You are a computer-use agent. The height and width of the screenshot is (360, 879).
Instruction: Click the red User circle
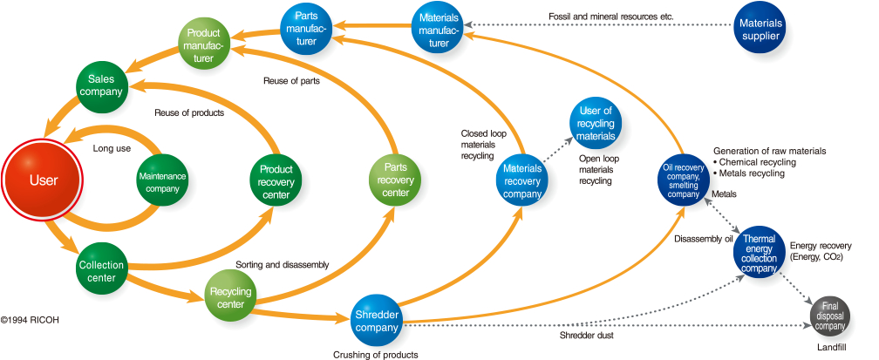coord(44,180)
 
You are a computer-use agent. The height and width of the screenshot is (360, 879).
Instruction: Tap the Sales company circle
coord(102,85)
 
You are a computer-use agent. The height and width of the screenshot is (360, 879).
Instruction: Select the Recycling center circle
coord(230,294)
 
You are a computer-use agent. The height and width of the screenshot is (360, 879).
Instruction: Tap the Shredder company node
coord(378,321)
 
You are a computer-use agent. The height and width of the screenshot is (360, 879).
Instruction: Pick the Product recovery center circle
coord(276,180)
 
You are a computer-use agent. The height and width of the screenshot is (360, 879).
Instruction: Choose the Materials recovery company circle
coord(522,180)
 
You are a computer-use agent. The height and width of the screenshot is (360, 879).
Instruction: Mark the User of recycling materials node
coord(596,123)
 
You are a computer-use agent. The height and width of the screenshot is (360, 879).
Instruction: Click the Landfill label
coord(831,347)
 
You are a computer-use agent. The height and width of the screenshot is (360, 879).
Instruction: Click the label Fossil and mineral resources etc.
coord(611,17)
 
